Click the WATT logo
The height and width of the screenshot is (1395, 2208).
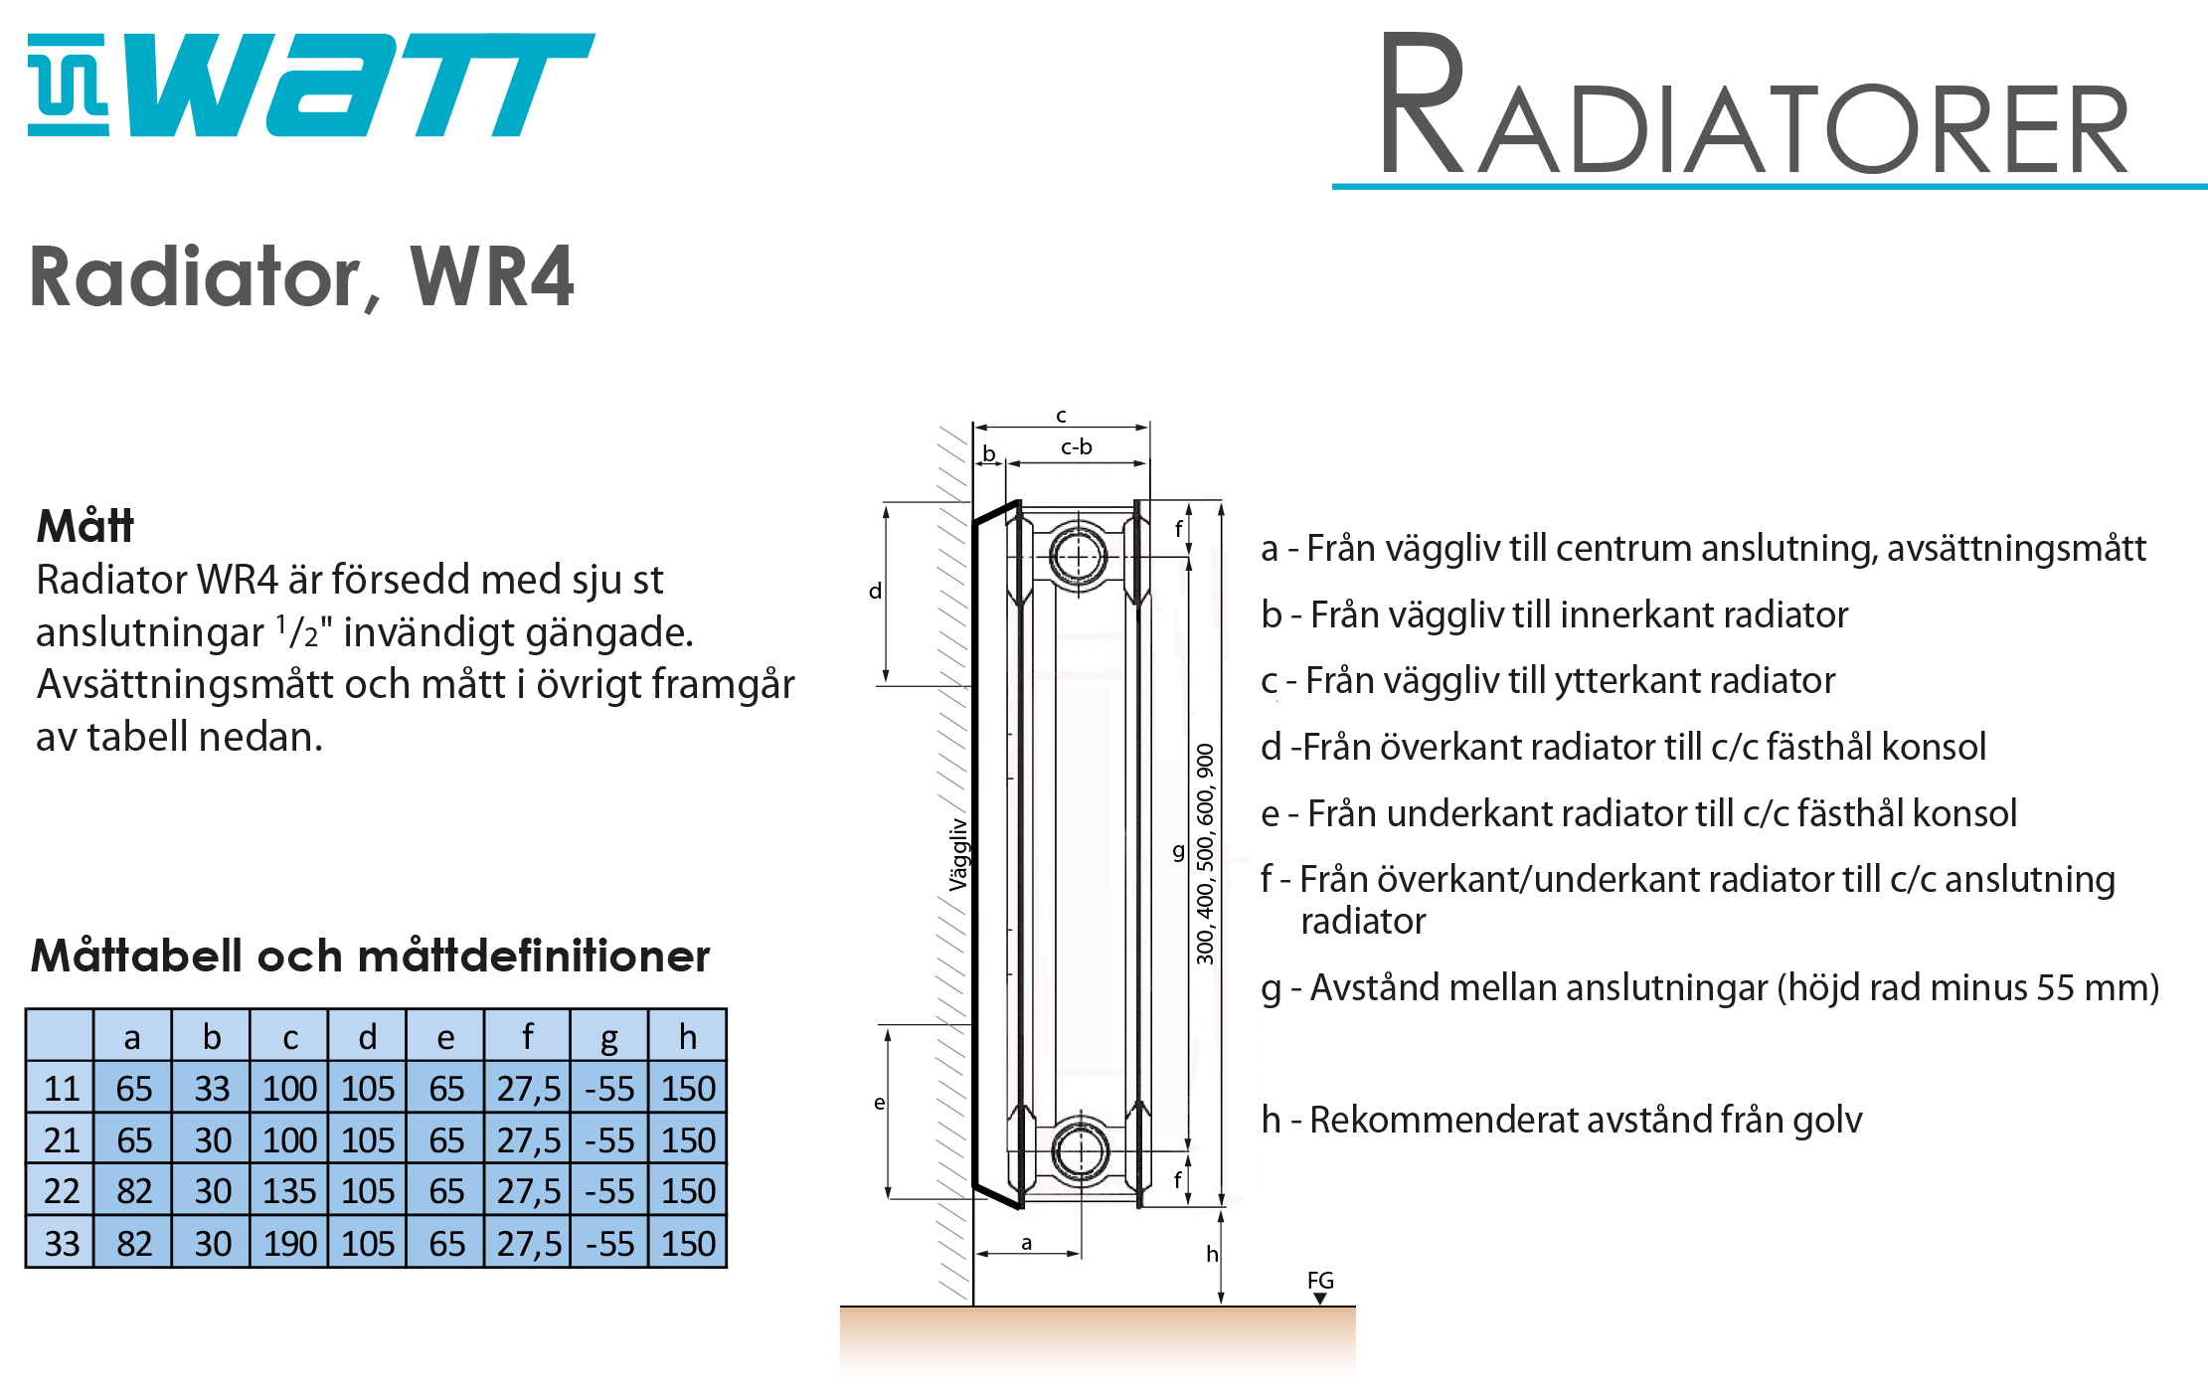click(x=310, y=85)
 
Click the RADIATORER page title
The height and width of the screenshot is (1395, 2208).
click(x=1755, y=104)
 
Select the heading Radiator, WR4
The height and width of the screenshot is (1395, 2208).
click(x=301, y=277)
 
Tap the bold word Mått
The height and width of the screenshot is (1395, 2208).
click(x=85, y=526)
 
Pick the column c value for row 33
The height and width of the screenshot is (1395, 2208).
click(x=289, y=1243)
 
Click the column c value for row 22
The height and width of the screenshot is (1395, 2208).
click(x=289, y=1191)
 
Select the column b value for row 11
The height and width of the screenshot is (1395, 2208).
click(x=212, y=1089)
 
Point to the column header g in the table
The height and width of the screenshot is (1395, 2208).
click(x=609, y=1038)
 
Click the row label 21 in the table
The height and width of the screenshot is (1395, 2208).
click(x=62, y=1140)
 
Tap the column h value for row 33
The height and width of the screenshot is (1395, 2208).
click(x=688, y=1243)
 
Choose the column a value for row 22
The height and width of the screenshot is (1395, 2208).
click(x=134, y=1191)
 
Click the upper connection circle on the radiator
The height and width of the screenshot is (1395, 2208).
click(x=1079, y=555)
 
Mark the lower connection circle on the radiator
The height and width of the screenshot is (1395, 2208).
click(x=1080, y=1151)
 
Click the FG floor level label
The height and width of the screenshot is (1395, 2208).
click(x=1320, y=1281)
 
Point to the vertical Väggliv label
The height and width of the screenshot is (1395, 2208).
click(x=957, y=854)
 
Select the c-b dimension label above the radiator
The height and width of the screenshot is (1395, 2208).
click(x=1077, y=447)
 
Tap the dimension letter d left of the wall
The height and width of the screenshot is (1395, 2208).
click(x=875, y=591)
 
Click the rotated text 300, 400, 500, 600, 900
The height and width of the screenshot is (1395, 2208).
click(x=1205, y=853)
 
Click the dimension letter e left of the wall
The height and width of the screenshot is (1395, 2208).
click(x=879, y=1103)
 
